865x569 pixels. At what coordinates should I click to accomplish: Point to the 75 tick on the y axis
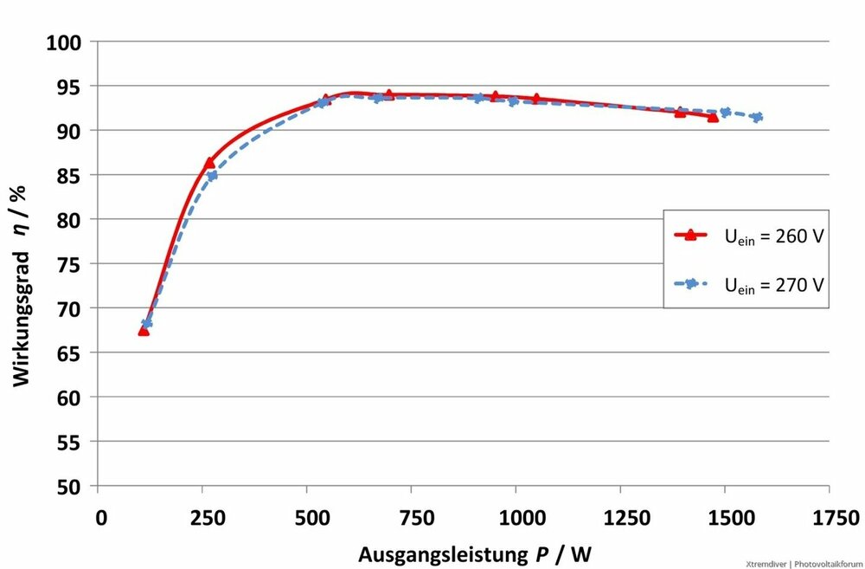[x=68, y=264]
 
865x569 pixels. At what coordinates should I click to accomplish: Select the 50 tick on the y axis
[x=68, y=487]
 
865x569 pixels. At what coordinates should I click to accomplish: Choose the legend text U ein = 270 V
[x=772, y=283]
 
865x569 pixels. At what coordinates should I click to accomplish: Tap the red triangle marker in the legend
[x=690, y=234]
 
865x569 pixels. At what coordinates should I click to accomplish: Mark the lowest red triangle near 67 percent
[x=144, y=330]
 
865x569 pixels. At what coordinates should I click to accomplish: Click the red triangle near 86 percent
[x=209, y=162]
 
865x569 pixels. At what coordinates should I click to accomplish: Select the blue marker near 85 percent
[x=212, y=176]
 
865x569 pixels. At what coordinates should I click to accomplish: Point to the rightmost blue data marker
[x=757, y=117]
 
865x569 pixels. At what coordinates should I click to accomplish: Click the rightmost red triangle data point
[x=713, y=117]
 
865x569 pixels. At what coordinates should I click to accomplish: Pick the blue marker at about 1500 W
[x=725, y=112]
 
